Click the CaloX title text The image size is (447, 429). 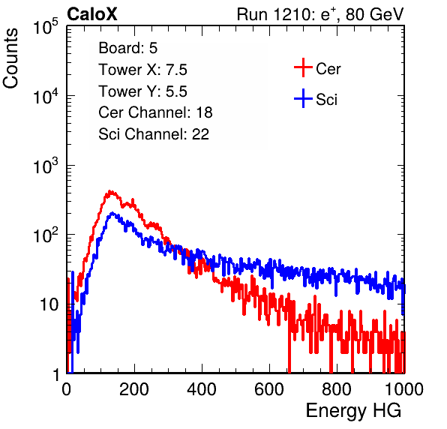(92, 14)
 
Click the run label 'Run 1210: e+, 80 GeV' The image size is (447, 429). (320, 14)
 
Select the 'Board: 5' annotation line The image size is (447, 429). (128, 48)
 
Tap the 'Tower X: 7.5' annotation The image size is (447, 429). (142, 70)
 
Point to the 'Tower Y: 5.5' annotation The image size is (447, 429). (142, 91)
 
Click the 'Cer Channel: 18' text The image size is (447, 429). (156, 112)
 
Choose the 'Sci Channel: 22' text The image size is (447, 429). (154, 134)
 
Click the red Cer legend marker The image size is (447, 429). (303, 67)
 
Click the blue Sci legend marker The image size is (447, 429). (303, 98)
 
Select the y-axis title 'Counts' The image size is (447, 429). (10, 58)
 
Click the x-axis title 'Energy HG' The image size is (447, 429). (353, 411)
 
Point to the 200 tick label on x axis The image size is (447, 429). (134, 389)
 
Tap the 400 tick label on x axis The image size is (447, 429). (202, 389)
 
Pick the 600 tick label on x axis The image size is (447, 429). (269, 389)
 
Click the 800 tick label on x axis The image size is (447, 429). (337, 389)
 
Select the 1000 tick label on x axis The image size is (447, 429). (404, 389)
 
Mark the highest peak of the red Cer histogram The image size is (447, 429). (110, 191)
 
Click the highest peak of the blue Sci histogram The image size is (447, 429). (112, 213)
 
